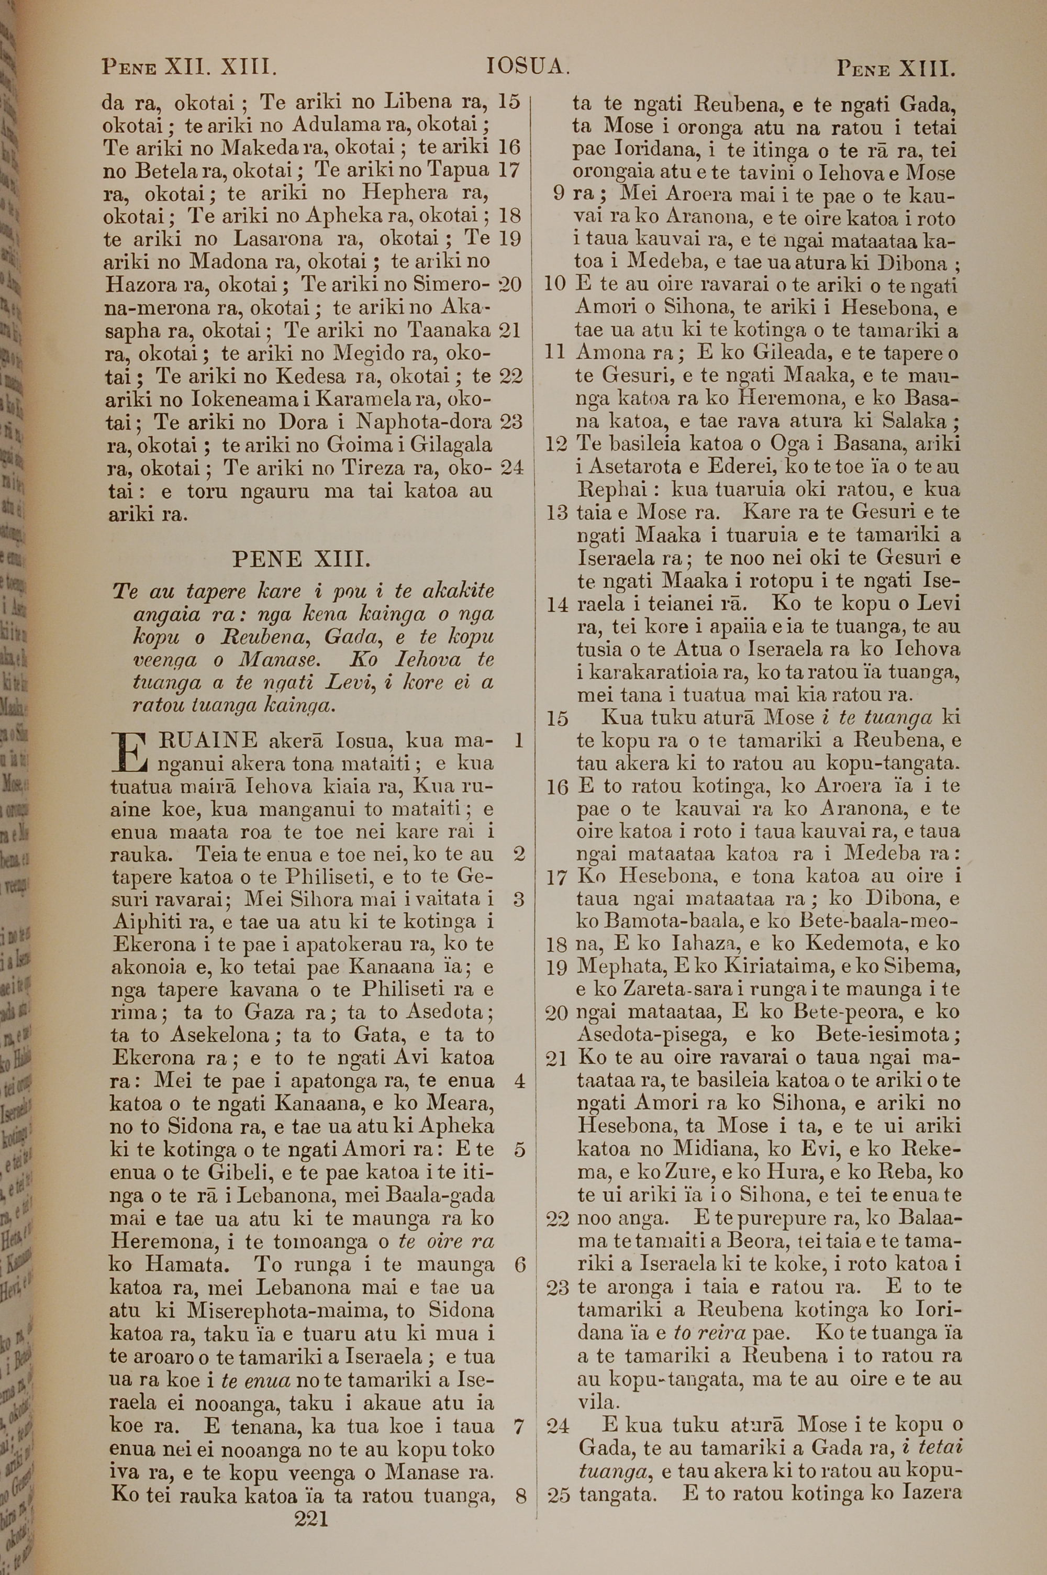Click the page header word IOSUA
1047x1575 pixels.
[x=528, y=67]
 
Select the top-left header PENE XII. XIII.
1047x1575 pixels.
[x=189, y=68]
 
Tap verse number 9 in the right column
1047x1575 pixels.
[x=559, y=194]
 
